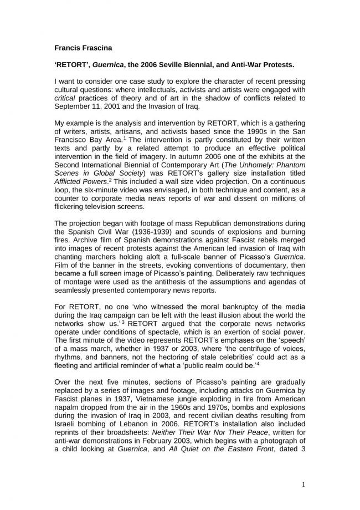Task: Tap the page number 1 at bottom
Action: pos(303,484)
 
